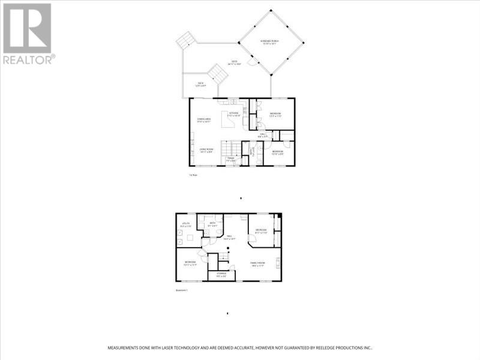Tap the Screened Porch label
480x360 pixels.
[271, 42]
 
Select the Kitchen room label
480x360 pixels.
[235, 113]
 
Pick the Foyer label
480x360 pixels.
[230, 160]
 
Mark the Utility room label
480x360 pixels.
[186, 226]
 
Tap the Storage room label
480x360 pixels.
[221, 275]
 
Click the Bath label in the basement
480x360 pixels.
[212, 224]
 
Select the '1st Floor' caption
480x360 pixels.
[193, 175]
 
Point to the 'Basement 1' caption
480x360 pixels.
[182, 290]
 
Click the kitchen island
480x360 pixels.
[229, 121]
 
